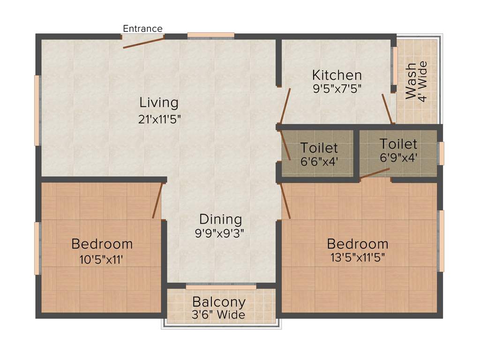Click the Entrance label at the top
tap(142, 29)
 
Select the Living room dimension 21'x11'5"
tap(159, 119)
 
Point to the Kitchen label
tap(337, 75)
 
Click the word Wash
tap(411, 81)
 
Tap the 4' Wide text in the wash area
tap(423, 81)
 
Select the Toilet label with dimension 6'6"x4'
tap(319, 148)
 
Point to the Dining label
tap(220, 219)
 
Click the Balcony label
tap(218, 301)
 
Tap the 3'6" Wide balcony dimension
tap(218, 315)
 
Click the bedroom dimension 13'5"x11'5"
tap(358, 257)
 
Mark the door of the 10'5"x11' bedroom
tap(157, 201)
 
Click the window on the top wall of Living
tap(211, 35)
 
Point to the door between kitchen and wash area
tap(387, 108)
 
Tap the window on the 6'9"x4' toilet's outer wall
tap(441, 153)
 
